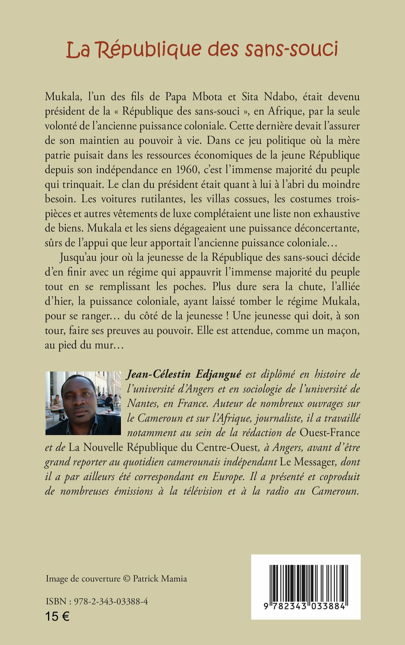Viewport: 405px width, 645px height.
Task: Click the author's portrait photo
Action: pos(83,403)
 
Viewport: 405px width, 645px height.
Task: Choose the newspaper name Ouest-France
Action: pos(329,433)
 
